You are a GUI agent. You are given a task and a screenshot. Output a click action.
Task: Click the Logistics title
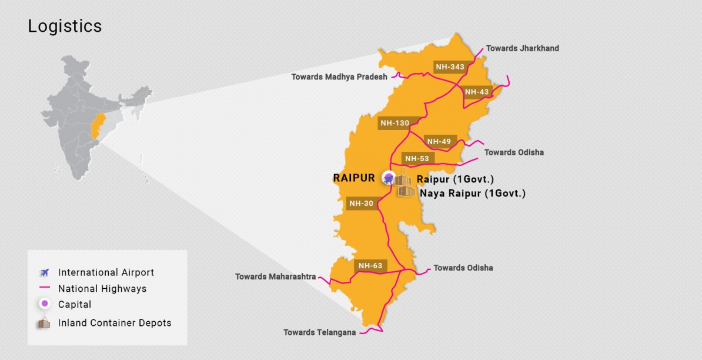65,26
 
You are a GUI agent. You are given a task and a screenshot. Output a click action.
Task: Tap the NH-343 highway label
450,67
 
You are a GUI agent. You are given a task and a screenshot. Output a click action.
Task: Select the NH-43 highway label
477,92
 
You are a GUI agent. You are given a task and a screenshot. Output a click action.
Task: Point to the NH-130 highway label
395,123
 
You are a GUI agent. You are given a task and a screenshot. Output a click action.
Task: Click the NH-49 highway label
439,141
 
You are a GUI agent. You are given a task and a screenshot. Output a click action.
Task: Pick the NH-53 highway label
417,158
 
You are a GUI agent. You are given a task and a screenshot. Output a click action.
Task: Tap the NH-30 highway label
361,204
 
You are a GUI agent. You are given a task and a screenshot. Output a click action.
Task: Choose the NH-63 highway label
370,265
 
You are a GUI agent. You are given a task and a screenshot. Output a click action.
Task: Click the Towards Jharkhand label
522,48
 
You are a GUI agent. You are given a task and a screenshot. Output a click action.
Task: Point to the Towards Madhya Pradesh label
339,77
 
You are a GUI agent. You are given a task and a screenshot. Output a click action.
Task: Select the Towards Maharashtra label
275,276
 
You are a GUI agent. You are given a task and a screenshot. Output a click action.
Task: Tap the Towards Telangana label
319,332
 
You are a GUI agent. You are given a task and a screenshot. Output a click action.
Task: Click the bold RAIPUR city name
354,178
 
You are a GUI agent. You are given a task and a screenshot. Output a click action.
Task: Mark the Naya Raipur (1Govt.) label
472,193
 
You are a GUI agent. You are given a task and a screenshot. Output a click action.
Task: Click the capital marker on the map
388,177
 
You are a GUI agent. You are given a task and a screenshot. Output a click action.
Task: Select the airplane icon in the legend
44,272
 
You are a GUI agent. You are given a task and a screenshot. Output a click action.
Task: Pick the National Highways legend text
102,289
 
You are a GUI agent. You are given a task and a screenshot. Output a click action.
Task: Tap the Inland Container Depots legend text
115,323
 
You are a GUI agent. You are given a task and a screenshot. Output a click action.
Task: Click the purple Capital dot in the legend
44,305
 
